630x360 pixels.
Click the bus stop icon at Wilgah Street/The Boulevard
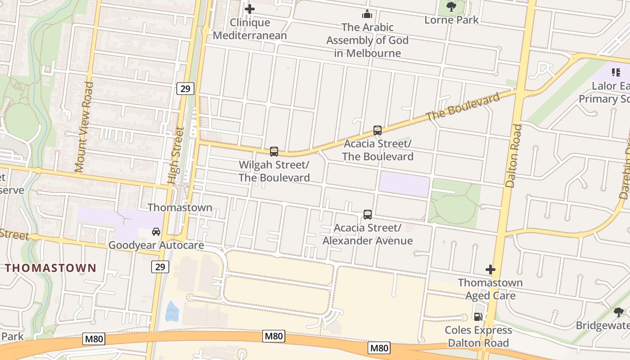click(x=274, y=152)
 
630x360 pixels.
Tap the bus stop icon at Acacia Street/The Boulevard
click(x=378, y=130)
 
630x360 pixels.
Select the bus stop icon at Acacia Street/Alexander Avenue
click(x=368, y=215)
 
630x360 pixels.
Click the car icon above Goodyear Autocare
click(x=156, y=232)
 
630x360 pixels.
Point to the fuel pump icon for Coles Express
click(x=478, y=317)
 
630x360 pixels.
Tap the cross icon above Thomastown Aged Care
click(x=490, y=270)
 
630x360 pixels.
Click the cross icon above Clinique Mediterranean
click(x=250, y=9)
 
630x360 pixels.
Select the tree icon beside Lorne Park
click(x=451, y=7)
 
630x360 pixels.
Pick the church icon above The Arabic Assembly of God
click(x=367, y=14)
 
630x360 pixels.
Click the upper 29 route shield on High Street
click(x=185, y=89)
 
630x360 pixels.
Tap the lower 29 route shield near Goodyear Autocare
click(x=160, y=267)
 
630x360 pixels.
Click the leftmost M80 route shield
click(x=94, y=339)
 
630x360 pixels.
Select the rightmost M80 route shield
click(x=379, y=348)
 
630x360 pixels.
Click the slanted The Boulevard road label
click(x=463, y=107)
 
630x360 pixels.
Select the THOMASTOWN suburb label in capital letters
click(x=51, y=268)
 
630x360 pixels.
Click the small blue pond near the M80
click(x=172, y=311)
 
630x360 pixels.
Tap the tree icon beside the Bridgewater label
click(x=619, y=312)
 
